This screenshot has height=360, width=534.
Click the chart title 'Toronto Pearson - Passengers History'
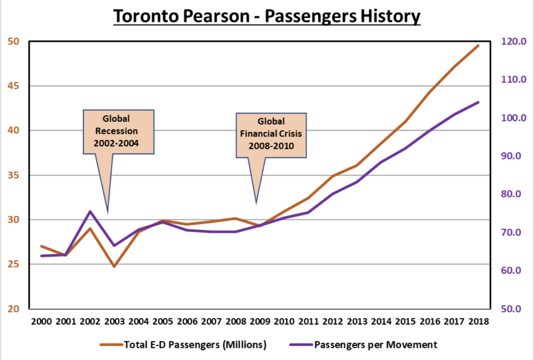267,17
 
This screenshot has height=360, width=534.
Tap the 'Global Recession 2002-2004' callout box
119,131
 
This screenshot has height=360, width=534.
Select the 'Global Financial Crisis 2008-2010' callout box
271,135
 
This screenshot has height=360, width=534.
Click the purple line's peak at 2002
90,211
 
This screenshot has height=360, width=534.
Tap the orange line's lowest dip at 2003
114,266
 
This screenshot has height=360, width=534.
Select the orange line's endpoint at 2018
478,45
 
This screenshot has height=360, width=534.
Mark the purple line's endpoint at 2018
478,102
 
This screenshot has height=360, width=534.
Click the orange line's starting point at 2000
41,246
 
